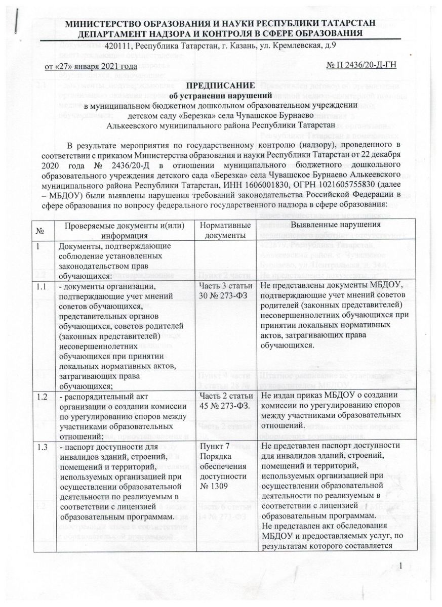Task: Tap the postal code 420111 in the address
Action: pyautogui.click(x=119, y=47)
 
